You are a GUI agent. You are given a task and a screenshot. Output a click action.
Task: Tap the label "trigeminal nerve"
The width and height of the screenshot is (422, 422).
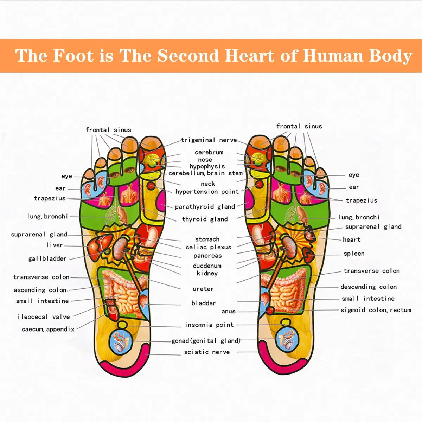pyautogui.click(x=209, y=140)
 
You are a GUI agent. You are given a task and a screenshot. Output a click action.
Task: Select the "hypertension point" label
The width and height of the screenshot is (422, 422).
pyautogui.click(x=207, y=192)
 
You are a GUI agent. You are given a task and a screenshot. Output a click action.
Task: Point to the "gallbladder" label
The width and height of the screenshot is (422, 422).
pyautogui.click(x=47, y=258)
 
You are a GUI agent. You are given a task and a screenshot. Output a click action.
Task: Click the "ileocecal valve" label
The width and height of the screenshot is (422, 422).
pyautogui.click(x=44, y=316)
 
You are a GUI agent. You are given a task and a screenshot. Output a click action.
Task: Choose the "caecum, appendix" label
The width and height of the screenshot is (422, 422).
pyautogui.click(x=48, y=329)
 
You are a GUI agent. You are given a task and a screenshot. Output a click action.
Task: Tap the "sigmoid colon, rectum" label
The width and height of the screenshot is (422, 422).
pyautogui.click(x=376, y=310)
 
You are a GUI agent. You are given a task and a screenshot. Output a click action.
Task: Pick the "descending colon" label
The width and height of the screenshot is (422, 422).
pyautogui.click(x=369, y=287)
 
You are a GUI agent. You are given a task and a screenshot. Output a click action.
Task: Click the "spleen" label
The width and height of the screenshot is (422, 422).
pyautogui.click(x=354, y=254)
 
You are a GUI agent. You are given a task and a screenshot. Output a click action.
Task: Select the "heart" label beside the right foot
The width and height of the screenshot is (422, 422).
pyautogui.click(x=351, y=239)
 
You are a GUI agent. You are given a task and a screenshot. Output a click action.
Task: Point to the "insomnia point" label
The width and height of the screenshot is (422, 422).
pyautogui.click(x=209, y=325)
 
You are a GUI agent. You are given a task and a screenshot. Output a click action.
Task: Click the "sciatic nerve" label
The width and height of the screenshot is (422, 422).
pyautogui.click(x=207, y=352)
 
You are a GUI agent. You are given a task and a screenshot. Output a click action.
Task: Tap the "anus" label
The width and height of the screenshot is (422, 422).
pyautogui.click(x=229, y=312)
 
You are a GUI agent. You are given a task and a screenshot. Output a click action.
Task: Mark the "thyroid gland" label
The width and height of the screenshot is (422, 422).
pyautogui.click(x=205, y=219)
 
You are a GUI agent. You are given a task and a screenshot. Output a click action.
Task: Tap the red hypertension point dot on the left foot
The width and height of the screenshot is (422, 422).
pyautogui.click(x=151, y=186)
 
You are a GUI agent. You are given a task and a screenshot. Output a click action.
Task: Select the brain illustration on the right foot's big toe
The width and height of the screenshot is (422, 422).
pyautogui.click(x=259, y=159)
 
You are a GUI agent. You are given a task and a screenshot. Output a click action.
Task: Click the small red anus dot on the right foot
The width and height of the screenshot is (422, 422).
pyautogui.click(x=270, y=311)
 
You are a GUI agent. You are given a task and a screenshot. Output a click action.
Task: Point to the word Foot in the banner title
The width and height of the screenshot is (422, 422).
pyautogui.click(x=73, y=56)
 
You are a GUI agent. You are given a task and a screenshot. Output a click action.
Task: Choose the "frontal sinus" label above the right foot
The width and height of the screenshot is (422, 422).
pyautogui.click(x=299, y=126)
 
